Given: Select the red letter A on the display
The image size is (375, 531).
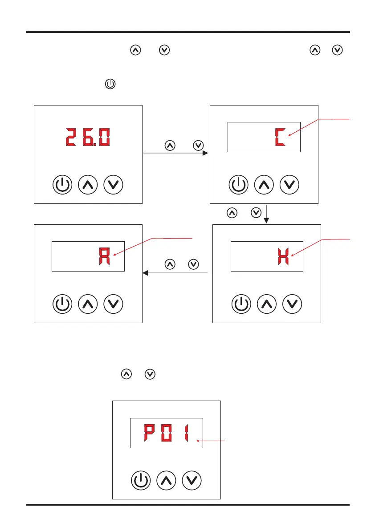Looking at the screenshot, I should [x=106, y=257].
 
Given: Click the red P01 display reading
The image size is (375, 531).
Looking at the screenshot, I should [x=166, y=433].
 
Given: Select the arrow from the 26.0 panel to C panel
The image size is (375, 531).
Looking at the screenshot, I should [x=176, y=153].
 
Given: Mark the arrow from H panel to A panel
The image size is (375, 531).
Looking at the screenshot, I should [x=176, y=273].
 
